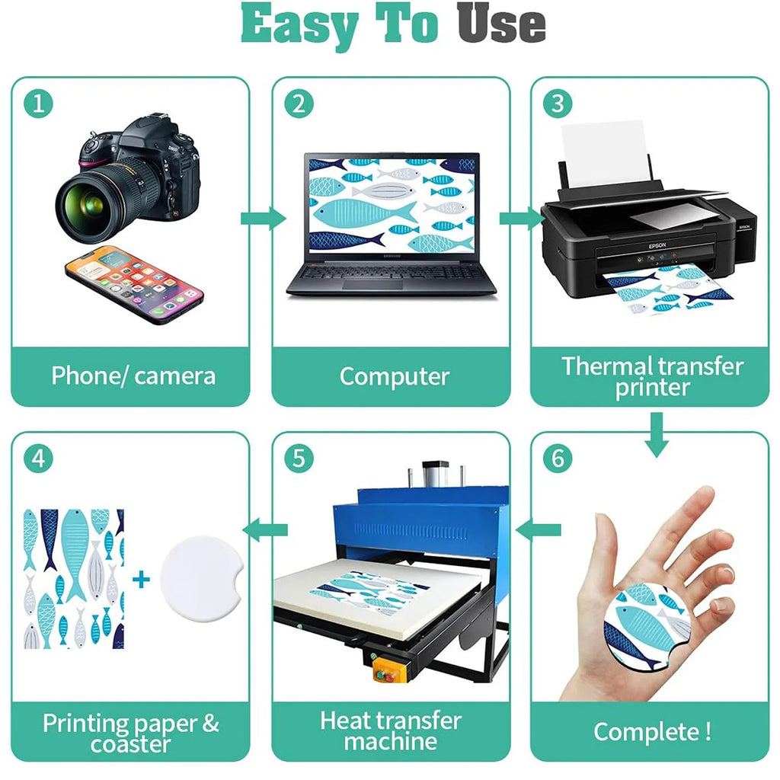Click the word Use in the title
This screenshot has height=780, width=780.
pos(501,24)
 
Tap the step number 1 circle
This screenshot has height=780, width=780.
pos(38,104)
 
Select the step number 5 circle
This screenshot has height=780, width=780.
pos(299,458)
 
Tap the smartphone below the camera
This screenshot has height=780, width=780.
pos(134,285)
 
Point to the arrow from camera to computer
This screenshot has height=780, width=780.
pos(263,219)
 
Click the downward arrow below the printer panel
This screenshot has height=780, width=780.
pos(656,435)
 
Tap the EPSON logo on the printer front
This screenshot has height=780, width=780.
pos(657,246)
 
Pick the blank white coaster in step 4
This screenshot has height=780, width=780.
pos(201,579)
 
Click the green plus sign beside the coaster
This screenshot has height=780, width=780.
pos(141,579)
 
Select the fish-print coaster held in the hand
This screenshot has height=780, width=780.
pos(647,627)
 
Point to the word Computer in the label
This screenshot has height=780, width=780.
pos(395,376)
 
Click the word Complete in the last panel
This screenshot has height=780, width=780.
pos(646,732)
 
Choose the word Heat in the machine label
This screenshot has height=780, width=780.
pos(343,721)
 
